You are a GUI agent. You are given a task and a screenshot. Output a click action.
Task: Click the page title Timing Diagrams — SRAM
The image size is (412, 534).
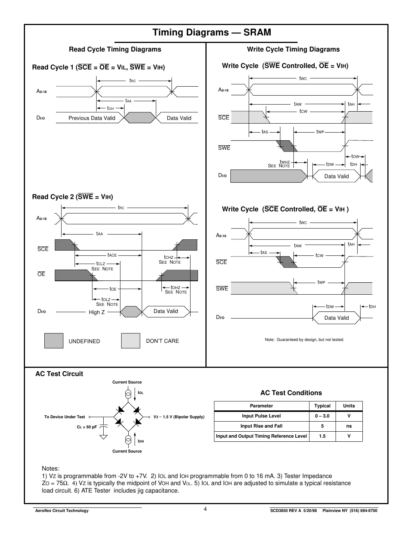[212, 32]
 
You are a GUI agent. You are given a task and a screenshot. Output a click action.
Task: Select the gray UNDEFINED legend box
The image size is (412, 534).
[54, 341]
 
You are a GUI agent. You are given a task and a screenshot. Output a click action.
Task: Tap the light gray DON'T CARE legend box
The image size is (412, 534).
[130, 341]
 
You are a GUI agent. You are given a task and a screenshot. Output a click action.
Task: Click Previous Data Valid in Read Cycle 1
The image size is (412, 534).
[92, 118]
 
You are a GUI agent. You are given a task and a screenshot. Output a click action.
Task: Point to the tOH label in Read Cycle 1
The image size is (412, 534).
[110, 108]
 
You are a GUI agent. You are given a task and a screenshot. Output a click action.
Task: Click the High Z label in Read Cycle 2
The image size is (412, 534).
[97, 312]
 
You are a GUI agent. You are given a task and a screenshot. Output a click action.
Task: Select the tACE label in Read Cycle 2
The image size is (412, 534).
[112, 255]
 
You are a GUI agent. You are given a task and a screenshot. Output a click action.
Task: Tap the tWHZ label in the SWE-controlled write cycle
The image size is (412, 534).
[285, 162]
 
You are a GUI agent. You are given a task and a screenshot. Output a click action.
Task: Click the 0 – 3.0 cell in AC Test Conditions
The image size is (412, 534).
[322, 416]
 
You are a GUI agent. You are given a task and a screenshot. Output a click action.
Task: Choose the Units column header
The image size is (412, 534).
[349, 406]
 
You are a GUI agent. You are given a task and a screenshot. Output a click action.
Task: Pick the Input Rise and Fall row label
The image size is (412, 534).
[261, 426]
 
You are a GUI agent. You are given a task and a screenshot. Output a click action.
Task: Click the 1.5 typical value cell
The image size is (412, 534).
[322, 436]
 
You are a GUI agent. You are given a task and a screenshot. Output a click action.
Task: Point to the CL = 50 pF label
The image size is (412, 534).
[87, 427]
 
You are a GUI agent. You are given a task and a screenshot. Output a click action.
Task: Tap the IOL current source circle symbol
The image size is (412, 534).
[128, 394]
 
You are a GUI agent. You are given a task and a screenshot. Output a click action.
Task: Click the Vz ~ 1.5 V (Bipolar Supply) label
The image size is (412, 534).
[179, 417]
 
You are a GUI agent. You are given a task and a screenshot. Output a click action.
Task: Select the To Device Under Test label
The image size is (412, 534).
[65, 417]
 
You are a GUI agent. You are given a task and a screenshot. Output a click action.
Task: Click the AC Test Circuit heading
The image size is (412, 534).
[59, 374]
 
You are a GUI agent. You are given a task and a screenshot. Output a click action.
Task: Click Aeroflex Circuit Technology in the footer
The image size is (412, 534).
[62, 510]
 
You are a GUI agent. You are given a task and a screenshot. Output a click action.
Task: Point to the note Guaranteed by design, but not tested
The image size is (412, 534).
[304, 339]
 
